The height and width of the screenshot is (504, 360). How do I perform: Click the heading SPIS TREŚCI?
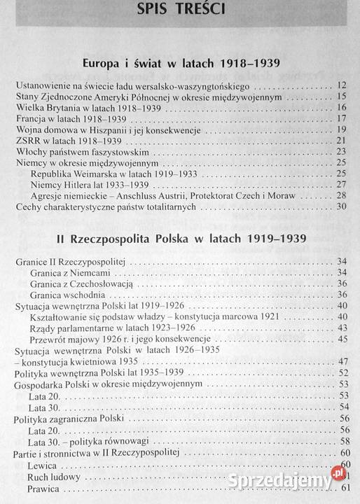[x=181, y=15]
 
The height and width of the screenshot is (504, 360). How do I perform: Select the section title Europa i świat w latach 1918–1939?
[x=181, y=64]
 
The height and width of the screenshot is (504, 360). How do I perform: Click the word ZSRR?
[x=27, y=141]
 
